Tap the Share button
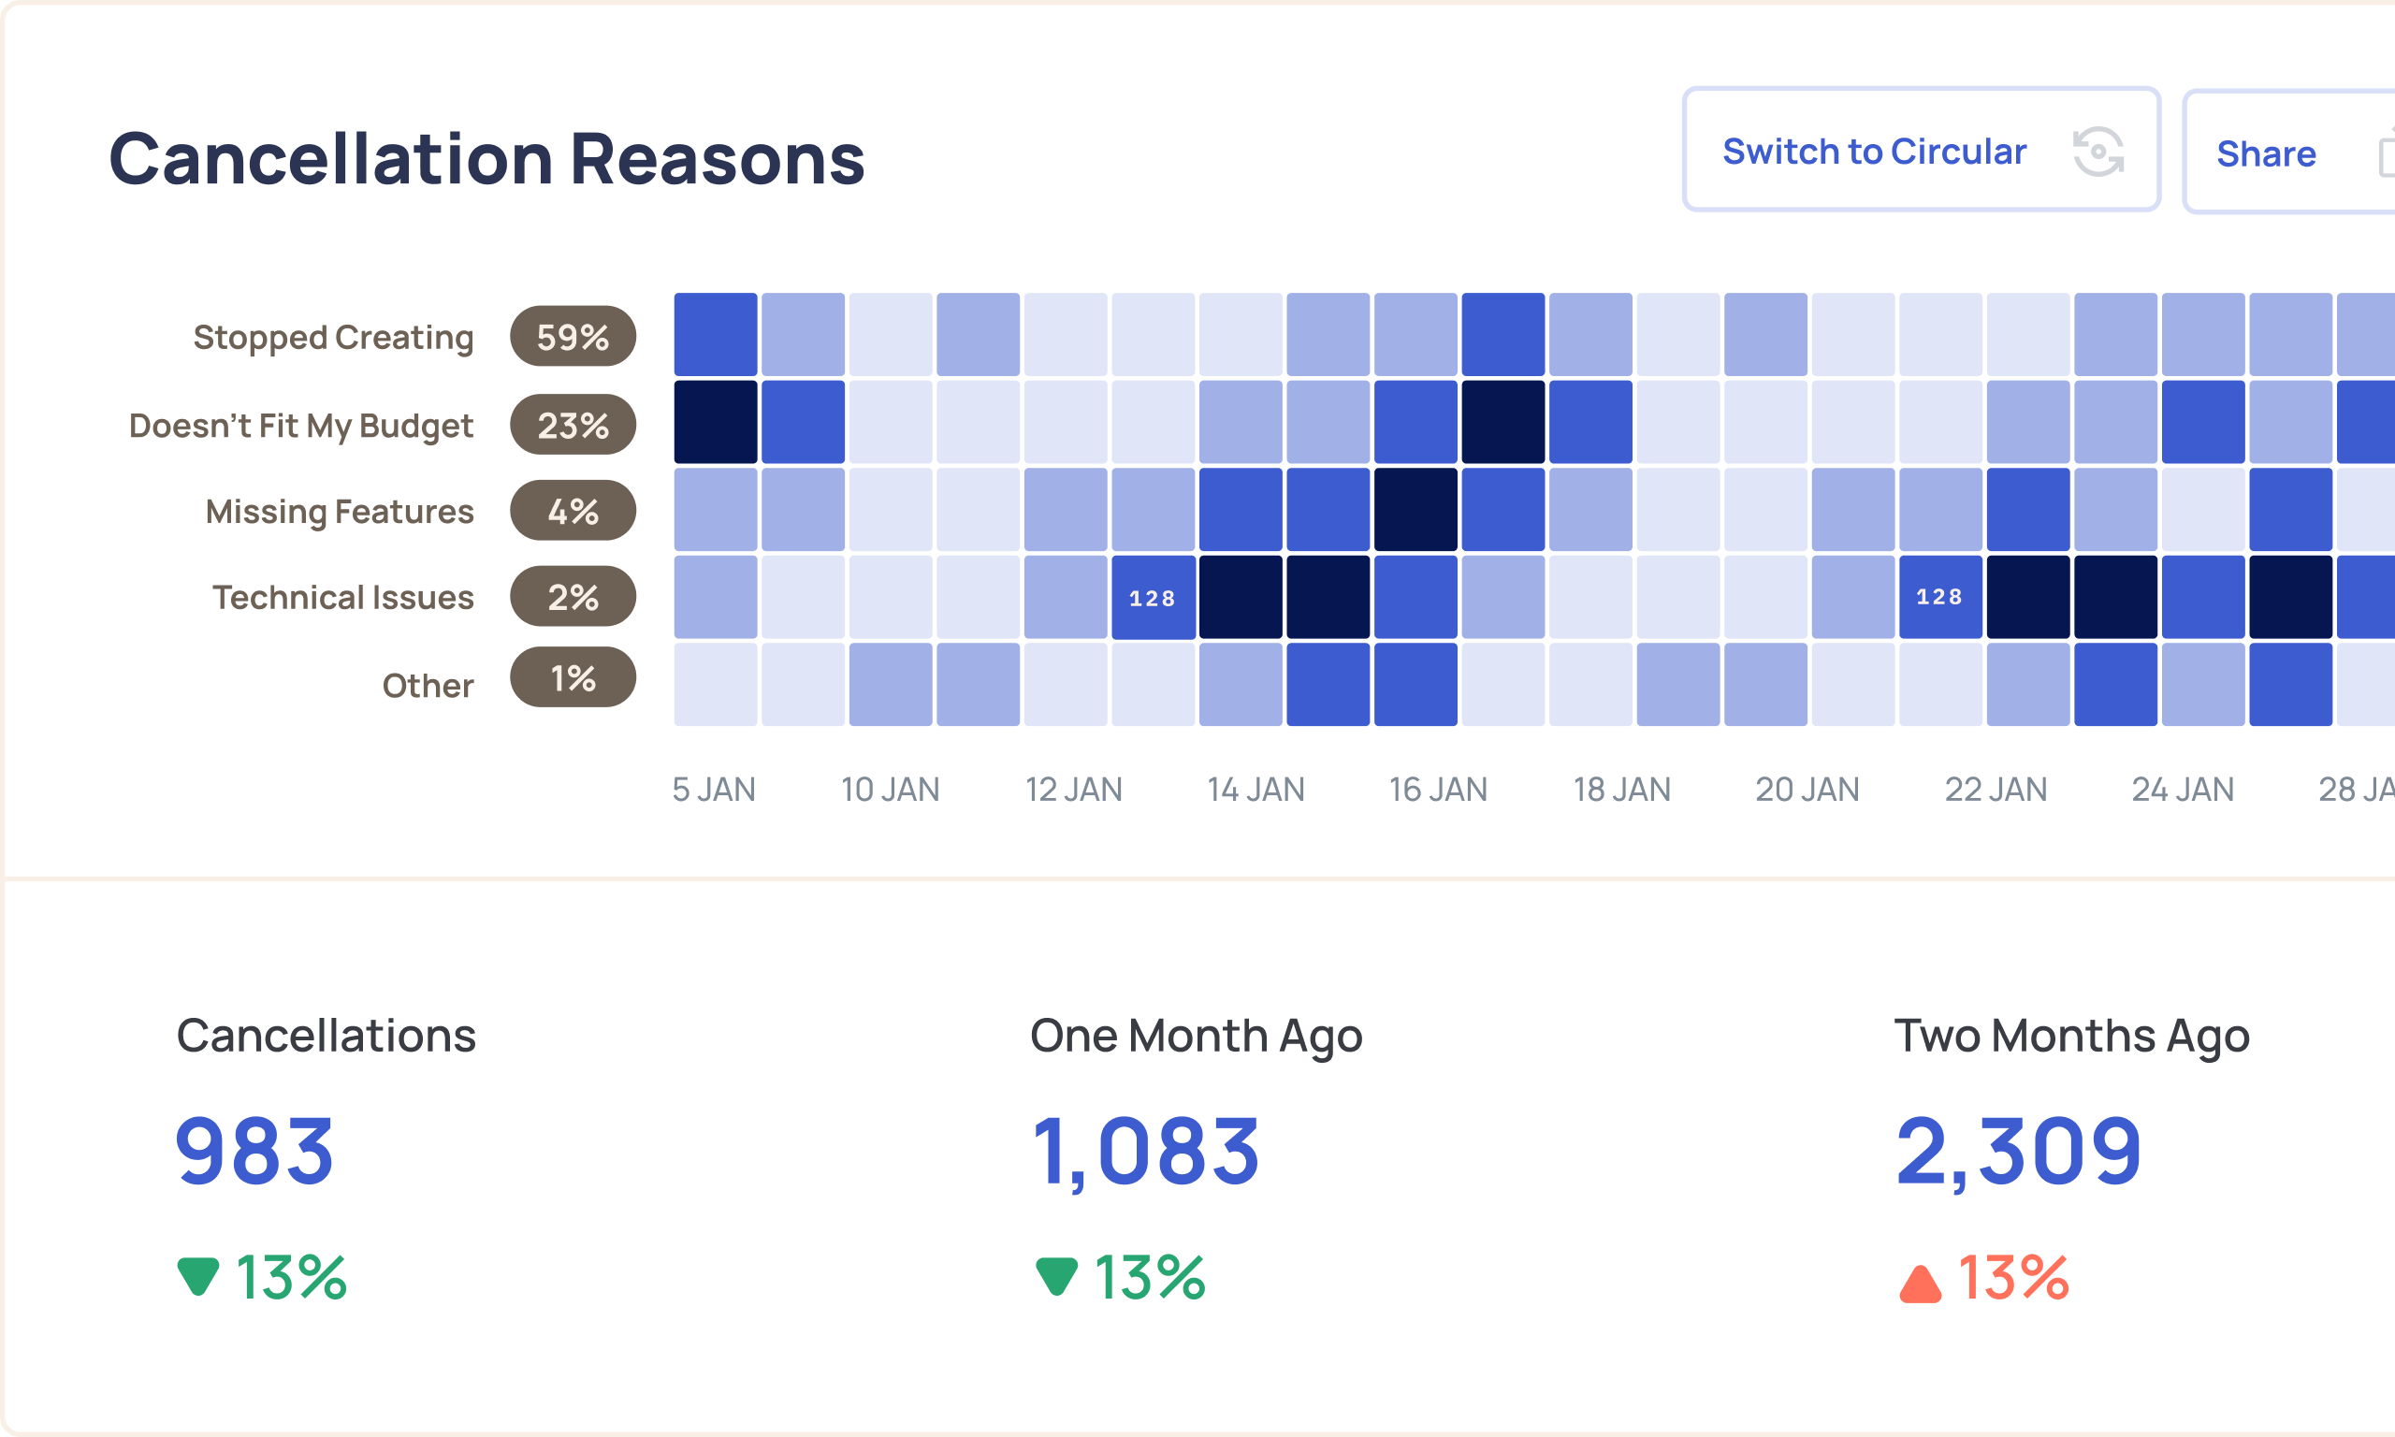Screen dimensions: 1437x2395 pos(2265,154)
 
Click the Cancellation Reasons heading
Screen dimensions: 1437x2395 pos(486,158)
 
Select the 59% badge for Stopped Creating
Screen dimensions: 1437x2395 pos(573,337)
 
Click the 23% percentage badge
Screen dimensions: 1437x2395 pos(573,425)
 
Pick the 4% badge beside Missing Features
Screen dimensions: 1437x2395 pos(573,510)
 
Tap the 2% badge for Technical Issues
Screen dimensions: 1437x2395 pos(573,597)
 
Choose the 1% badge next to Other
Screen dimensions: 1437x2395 pos(573,678)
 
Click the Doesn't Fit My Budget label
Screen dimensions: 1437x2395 pos(301,425)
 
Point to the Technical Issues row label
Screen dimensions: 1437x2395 pos(342,598)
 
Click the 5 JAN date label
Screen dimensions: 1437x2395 pos(714,790)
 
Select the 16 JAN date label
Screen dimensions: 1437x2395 pos(1438,790)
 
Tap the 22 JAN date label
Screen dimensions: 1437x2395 pos(1996,790)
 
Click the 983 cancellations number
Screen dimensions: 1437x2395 pos(254,1151)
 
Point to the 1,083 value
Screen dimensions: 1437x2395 pos(1145,1151)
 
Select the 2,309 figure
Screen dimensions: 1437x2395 pos(2017,1151)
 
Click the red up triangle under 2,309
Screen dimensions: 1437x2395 pos(1920,1284)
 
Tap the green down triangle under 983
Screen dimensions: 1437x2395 pos(198,1275)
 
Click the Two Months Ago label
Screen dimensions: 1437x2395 pos(2070,1035)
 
